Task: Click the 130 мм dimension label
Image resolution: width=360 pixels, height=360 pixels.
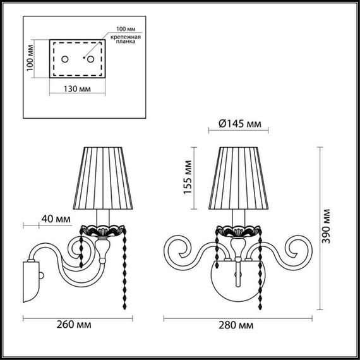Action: pos(77,89)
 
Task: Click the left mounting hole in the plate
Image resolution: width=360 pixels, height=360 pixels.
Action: pos(63,59)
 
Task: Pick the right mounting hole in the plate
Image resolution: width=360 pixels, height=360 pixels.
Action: pos(90,59)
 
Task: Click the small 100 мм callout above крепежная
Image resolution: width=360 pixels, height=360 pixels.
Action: pos(126,29)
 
